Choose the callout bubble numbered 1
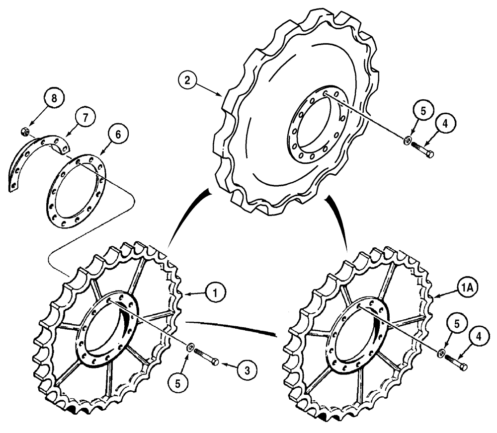215,292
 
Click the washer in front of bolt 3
191,346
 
